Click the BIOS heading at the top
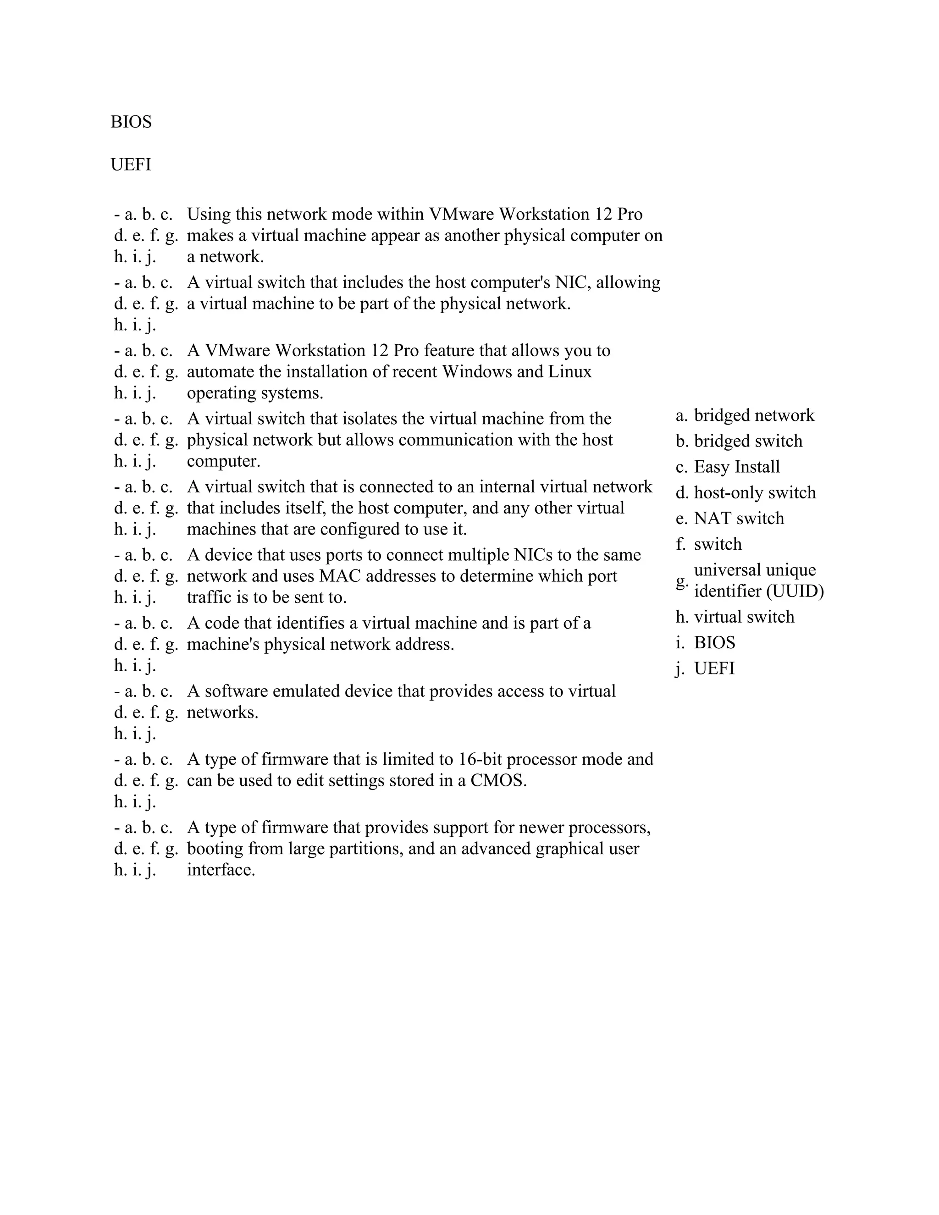(131, 122)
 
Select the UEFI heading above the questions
(131, 165)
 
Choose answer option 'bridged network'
(754, 415)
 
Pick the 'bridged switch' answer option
(748, 441)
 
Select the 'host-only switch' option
(754, 492)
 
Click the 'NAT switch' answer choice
(739, 518)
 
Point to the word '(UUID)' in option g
(795, 591)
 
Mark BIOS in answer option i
(714, 642)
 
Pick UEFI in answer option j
(714, 668)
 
